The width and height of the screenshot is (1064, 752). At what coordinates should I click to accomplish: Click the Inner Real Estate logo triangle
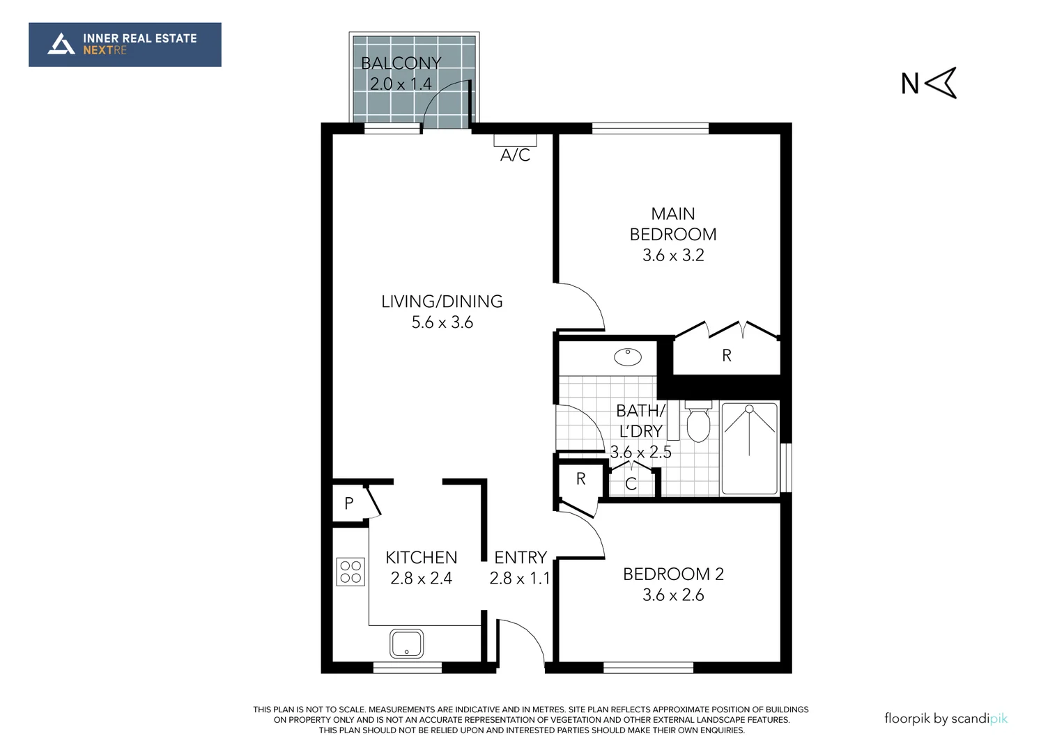(61, 45)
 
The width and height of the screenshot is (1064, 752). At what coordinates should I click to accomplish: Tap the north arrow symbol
(941, 83)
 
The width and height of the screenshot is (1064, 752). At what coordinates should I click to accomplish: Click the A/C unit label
(515, 155)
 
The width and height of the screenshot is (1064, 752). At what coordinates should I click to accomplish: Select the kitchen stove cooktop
(350, 572)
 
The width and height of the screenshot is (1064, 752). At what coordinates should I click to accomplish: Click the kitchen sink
(407, 643)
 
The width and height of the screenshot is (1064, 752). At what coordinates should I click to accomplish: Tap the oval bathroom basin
(627, 357)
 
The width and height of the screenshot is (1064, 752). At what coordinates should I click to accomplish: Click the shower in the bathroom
(749, 448)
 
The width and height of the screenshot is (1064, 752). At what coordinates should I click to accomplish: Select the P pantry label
(348, 503)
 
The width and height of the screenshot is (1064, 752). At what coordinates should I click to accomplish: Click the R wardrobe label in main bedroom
(726, 356)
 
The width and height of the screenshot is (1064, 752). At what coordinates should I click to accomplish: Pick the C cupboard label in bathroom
(631, 484)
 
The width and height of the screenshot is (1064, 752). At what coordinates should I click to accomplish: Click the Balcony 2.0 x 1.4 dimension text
(401, 84)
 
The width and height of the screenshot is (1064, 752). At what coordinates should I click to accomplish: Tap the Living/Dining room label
(442, 301)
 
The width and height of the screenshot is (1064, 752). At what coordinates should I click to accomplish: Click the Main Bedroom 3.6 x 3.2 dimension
(673, 256)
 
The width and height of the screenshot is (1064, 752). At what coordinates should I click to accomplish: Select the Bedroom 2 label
(673, 574)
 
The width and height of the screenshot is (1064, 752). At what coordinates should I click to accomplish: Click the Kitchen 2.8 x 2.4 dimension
(421, 579)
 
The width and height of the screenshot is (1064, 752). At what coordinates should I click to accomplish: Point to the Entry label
(520, 558)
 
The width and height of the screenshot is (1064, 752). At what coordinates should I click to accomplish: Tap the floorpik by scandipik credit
(946, 719)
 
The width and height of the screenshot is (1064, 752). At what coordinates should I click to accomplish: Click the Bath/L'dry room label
(640, 421)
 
